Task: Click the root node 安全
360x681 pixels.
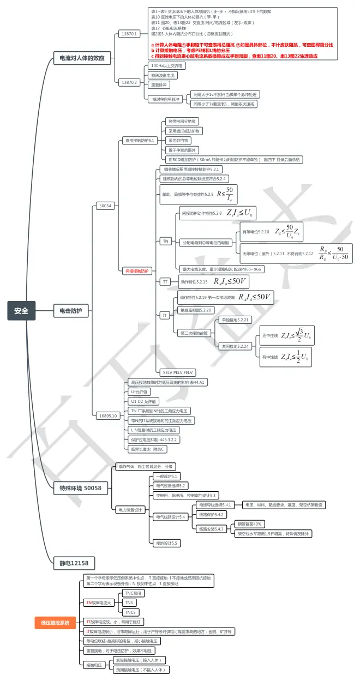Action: (x=21, y=311)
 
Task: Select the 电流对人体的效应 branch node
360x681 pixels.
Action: (x=82, y=58)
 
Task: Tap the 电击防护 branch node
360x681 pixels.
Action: (x=70, y=311)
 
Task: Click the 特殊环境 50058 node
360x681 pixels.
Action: (x=80, y=489)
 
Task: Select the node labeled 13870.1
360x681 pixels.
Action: (x=129, y=34)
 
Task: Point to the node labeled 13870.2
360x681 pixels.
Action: (x=129, y=82)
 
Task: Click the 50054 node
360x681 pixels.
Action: (x=105, y=206)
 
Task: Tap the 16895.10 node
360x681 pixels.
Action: (x=107, y=415)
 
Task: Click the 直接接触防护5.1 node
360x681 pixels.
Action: (x=139, y=140)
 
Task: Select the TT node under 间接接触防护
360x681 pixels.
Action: (x=165, y=282)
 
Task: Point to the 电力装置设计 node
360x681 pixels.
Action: (x=130, y=510)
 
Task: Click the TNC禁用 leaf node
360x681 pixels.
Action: (x=133, y=593)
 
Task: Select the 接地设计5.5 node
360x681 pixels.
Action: (x=167, y=543)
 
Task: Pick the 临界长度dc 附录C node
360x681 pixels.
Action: (x=148, y=449)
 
